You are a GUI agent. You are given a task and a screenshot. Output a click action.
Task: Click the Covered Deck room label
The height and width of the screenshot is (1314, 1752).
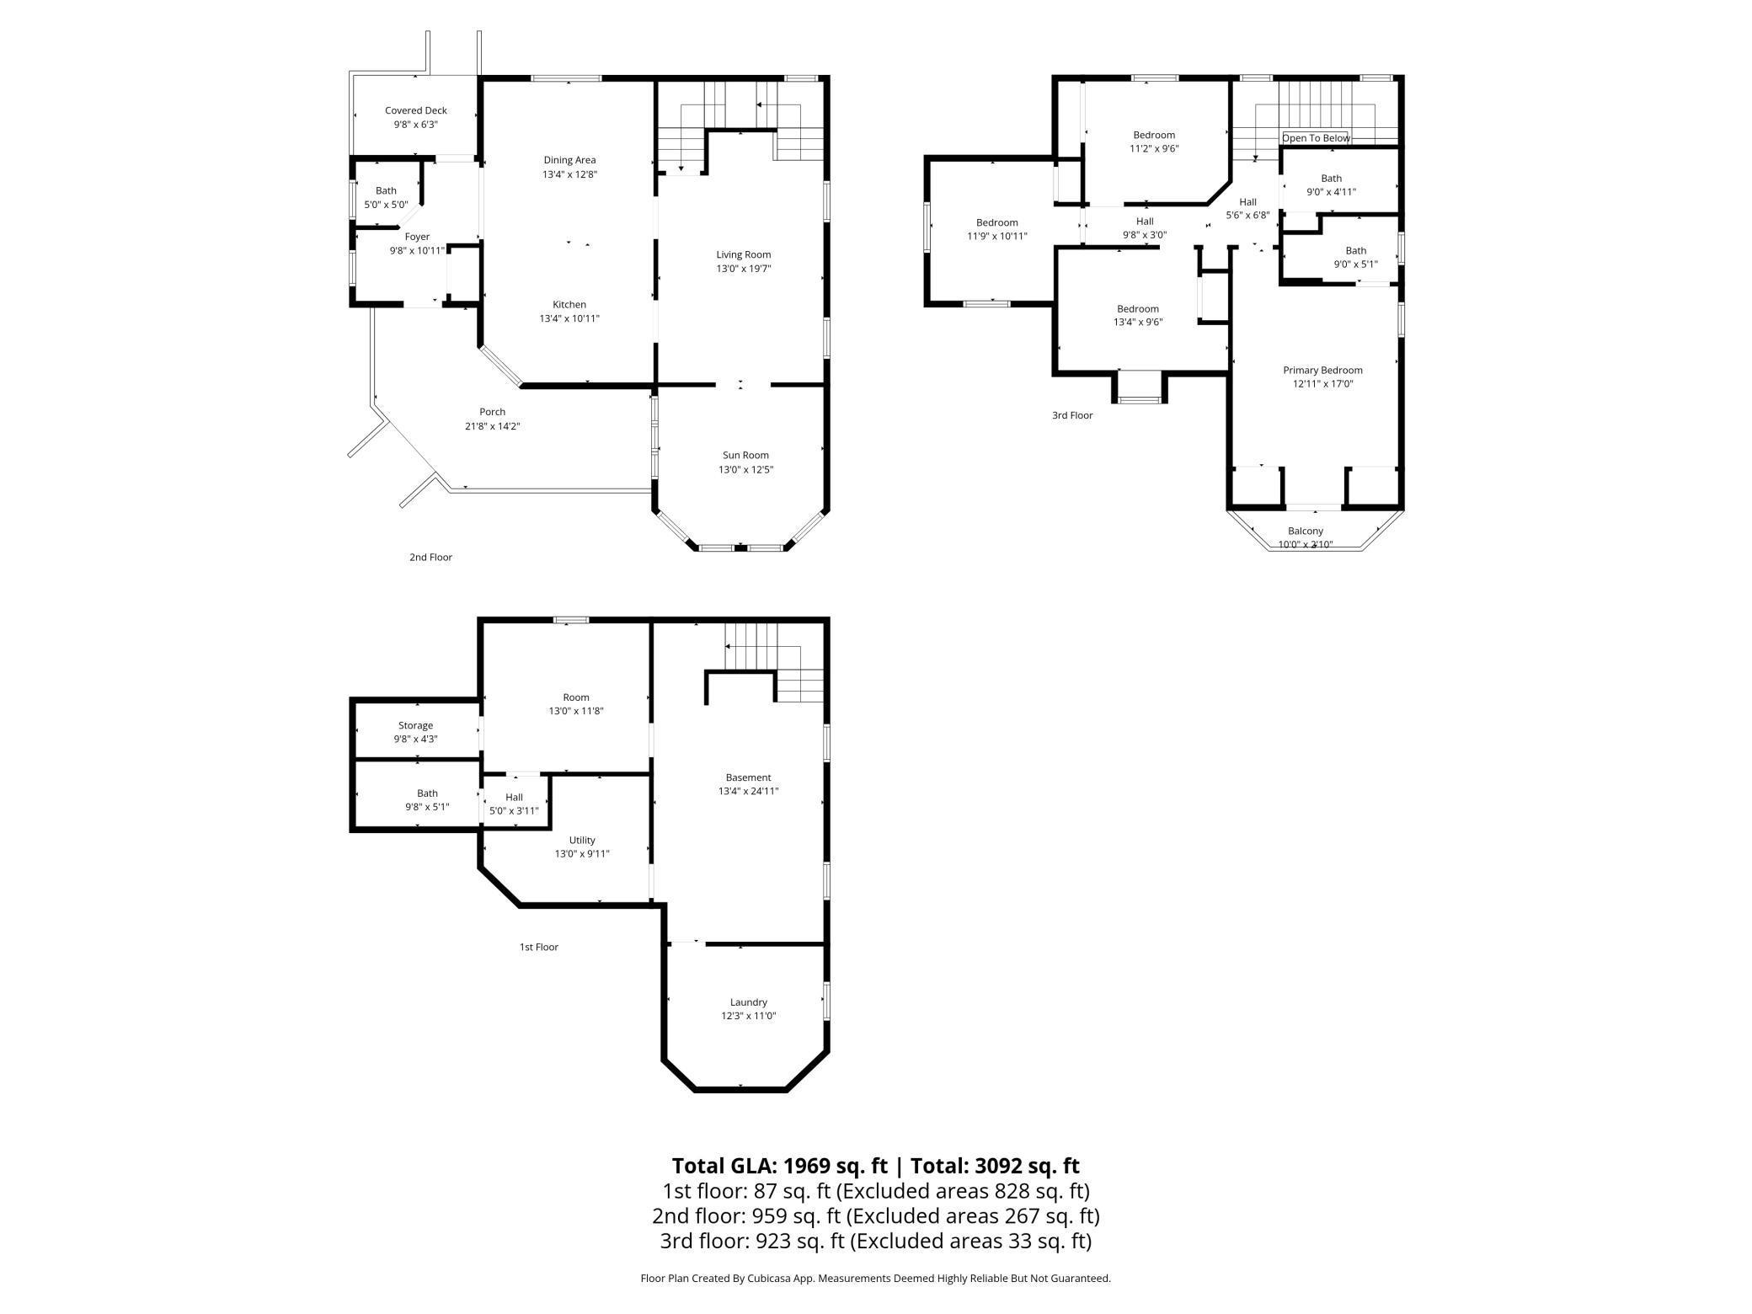(x=416, y=110)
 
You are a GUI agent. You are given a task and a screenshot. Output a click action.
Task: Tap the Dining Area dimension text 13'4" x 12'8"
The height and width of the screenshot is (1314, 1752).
(x=569, y=174)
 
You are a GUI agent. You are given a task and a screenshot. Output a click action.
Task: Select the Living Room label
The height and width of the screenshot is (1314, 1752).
(x=744, y=254)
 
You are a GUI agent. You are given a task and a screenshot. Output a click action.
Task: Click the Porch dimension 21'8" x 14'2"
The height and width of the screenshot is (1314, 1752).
(x=493, y=426)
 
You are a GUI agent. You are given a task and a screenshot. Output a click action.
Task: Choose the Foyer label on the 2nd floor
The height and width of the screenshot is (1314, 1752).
(x=417, y=237)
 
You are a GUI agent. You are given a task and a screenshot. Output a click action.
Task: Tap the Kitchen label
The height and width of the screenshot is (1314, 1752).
(x=569, y=304)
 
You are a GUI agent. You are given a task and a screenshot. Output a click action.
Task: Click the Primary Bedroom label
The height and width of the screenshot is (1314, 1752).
(x=1322, y=370)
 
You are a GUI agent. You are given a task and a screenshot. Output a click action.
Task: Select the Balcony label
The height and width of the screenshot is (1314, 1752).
(x=1306, y=531)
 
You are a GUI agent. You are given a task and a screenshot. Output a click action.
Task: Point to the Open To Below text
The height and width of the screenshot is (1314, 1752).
(x=1316, y=138)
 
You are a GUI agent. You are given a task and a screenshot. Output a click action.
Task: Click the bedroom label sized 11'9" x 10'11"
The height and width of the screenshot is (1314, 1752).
(x=997, y=222)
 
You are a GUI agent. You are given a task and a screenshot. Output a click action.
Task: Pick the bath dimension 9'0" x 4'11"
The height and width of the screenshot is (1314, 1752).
(x=1331, y=192)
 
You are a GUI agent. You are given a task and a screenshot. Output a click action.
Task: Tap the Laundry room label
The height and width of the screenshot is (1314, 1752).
(x=748, y=1002)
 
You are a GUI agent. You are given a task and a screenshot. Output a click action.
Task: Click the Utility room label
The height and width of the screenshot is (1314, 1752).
(x=582, y=840)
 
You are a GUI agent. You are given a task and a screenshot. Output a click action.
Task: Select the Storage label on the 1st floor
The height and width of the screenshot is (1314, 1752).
(x=415, y=725)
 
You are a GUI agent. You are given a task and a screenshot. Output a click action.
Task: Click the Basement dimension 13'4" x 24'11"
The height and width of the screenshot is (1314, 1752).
(x=748, y=791)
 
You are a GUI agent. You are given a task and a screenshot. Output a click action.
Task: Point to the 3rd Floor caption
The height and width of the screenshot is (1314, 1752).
(x=1072, y=415)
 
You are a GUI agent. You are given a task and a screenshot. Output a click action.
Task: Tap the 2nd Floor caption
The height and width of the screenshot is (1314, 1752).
(x=430, y=557)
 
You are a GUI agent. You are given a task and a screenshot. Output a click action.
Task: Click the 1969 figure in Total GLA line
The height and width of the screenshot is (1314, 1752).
(x=809, y=1166)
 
